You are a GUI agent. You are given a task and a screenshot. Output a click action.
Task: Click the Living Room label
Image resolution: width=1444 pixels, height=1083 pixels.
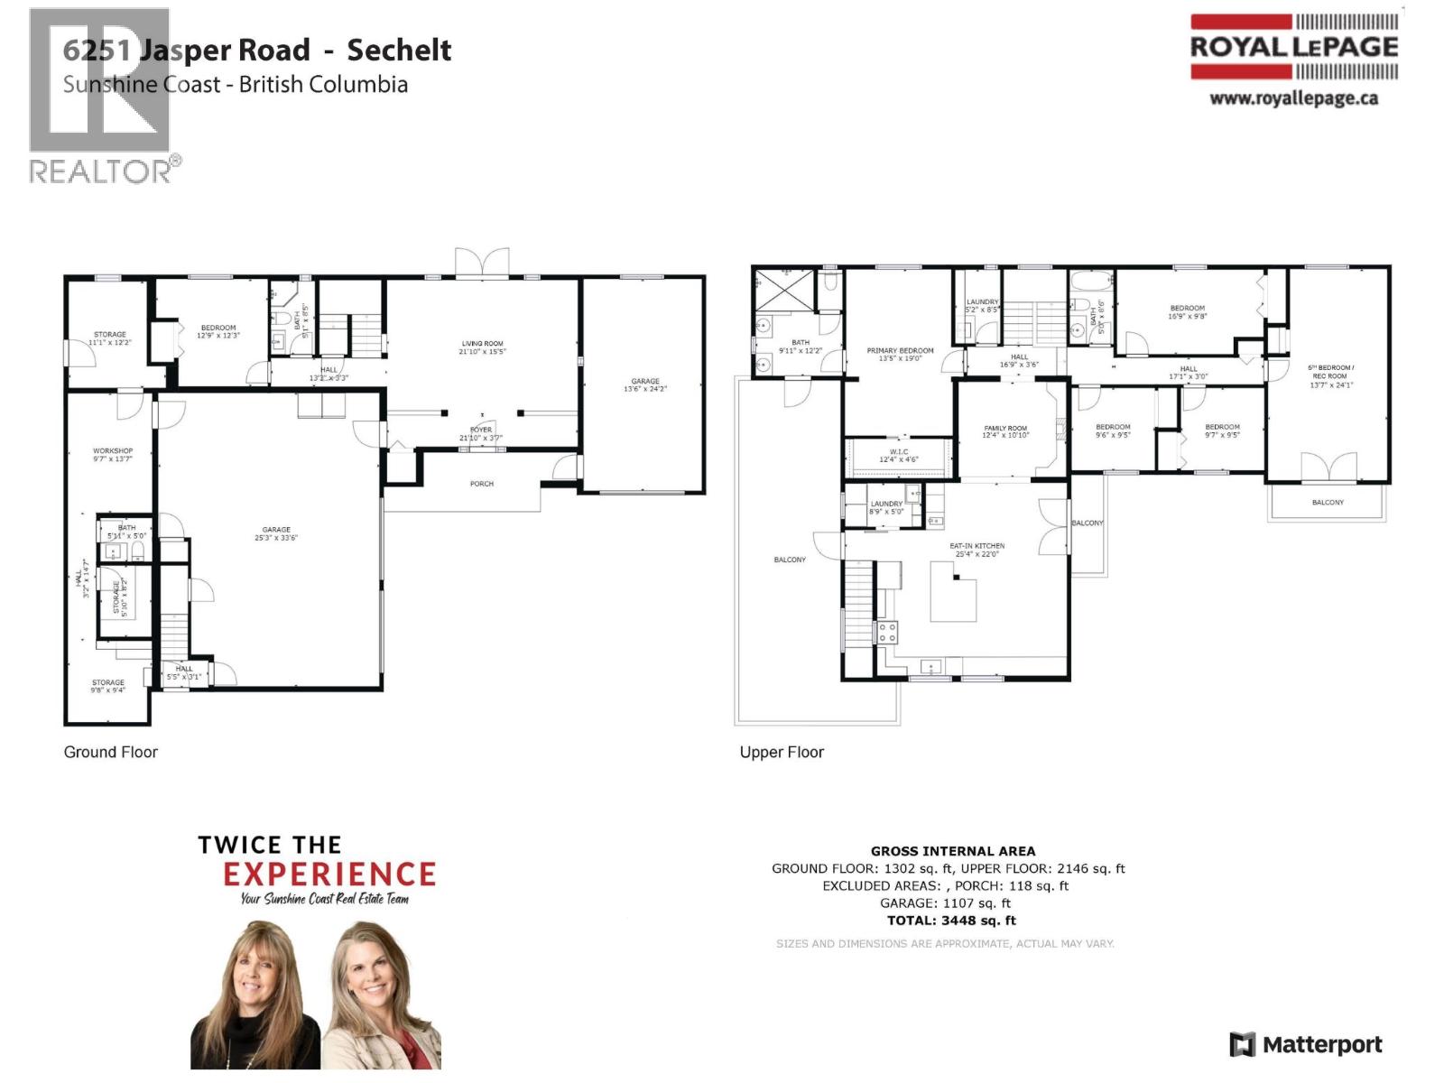483,347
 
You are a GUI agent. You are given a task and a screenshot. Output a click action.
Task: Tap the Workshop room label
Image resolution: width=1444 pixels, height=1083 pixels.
113,454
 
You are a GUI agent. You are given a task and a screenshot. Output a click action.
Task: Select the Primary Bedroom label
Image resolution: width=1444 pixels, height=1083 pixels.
900,354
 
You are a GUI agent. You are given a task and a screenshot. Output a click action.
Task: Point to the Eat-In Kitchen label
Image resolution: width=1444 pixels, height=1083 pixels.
977,550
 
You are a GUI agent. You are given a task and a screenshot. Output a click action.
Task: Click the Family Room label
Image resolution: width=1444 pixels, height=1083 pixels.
1005,431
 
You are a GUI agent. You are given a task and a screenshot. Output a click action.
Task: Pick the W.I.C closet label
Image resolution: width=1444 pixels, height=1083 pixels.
899,456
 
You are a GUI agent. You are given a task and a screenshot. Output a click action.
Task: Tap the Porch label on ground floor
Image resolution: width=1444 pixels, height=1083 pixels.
482,484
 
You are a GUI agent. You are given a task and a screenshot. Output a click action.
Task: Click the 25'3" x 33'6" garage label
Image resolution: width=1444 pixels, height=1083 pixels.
276,533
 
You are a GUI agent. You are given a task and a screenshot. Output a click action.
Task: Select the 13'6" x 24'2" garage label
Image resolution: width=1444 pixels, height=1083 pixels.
645,384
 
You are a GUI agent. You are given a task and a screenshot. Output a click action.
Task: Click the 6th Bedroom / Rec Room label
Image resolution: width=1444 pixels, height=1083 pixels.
1330,375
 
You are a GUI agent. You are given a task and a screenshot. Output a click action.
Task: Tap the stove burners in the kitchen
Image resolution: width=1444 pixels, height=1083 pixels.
887,632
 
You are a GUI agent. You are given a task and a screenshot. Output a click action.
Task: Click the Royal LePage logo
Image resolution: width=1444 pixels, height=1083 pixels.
1293,47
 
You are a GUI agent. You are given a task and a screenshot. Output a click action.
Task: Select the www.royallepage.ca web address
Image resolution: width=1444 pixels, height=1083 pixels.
1293,98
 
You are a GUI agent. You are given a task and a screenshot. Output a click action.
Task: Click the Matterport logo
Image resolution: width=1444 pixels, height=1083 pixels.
1305,1044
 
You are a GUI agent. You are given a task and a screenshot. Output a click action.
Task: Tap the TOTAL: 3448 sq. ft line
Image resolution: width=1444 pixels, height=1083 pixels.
951,921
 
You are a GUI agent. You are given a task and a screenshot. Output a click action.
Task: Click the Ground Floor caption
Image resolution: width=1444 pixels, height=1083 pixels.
110,752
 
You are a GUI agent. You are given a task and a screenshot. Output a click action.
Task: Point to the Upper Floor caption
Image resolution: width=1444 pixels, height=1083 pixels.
782,752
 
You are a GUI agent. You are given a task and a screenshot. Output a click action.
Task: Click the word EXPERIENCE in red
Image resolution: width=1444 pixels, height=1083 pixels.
329,874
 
